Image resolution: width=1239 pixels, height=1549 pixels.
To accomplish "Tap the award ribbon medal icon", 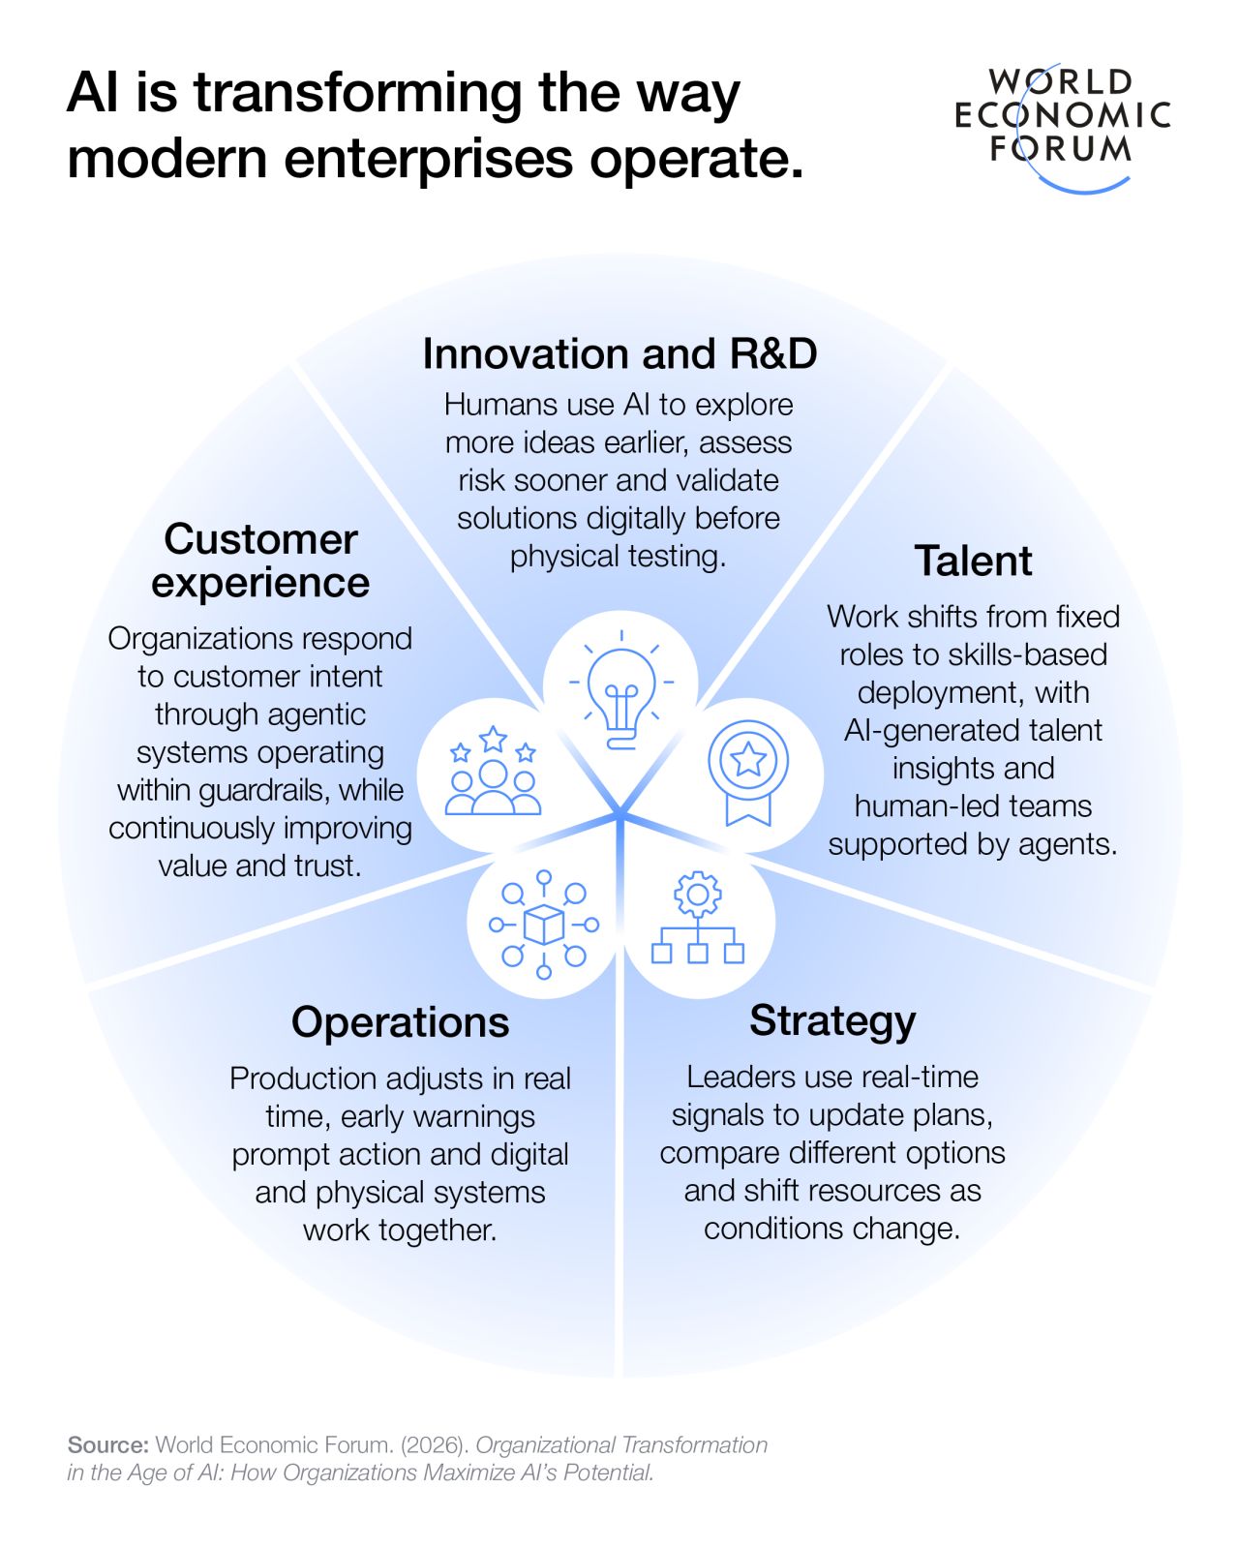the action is (748, 773).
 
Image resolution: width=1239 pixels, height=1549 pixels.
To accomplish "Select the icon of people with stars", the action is (493, 771).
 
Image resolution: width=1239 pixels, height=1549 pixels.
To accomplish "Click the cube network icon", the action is (544, 925).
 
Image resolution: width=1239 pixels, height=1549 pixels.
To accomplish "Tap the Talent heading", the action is (973, 561).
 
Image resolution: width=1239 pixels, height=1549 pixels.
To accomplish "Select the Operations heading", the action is (401, 1023).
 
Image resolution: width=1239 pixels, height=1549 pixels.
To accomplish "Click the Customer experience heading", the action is (260, 561).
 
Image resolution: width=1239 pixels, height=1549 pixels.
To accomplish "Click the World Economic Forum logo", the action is (1062, 128).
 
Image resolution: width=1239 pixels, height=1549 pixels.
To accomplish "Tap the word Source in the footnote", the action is (108, 1444).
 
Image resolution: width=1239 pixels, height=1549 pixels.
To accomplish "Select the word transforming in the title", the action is (358, 95).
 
